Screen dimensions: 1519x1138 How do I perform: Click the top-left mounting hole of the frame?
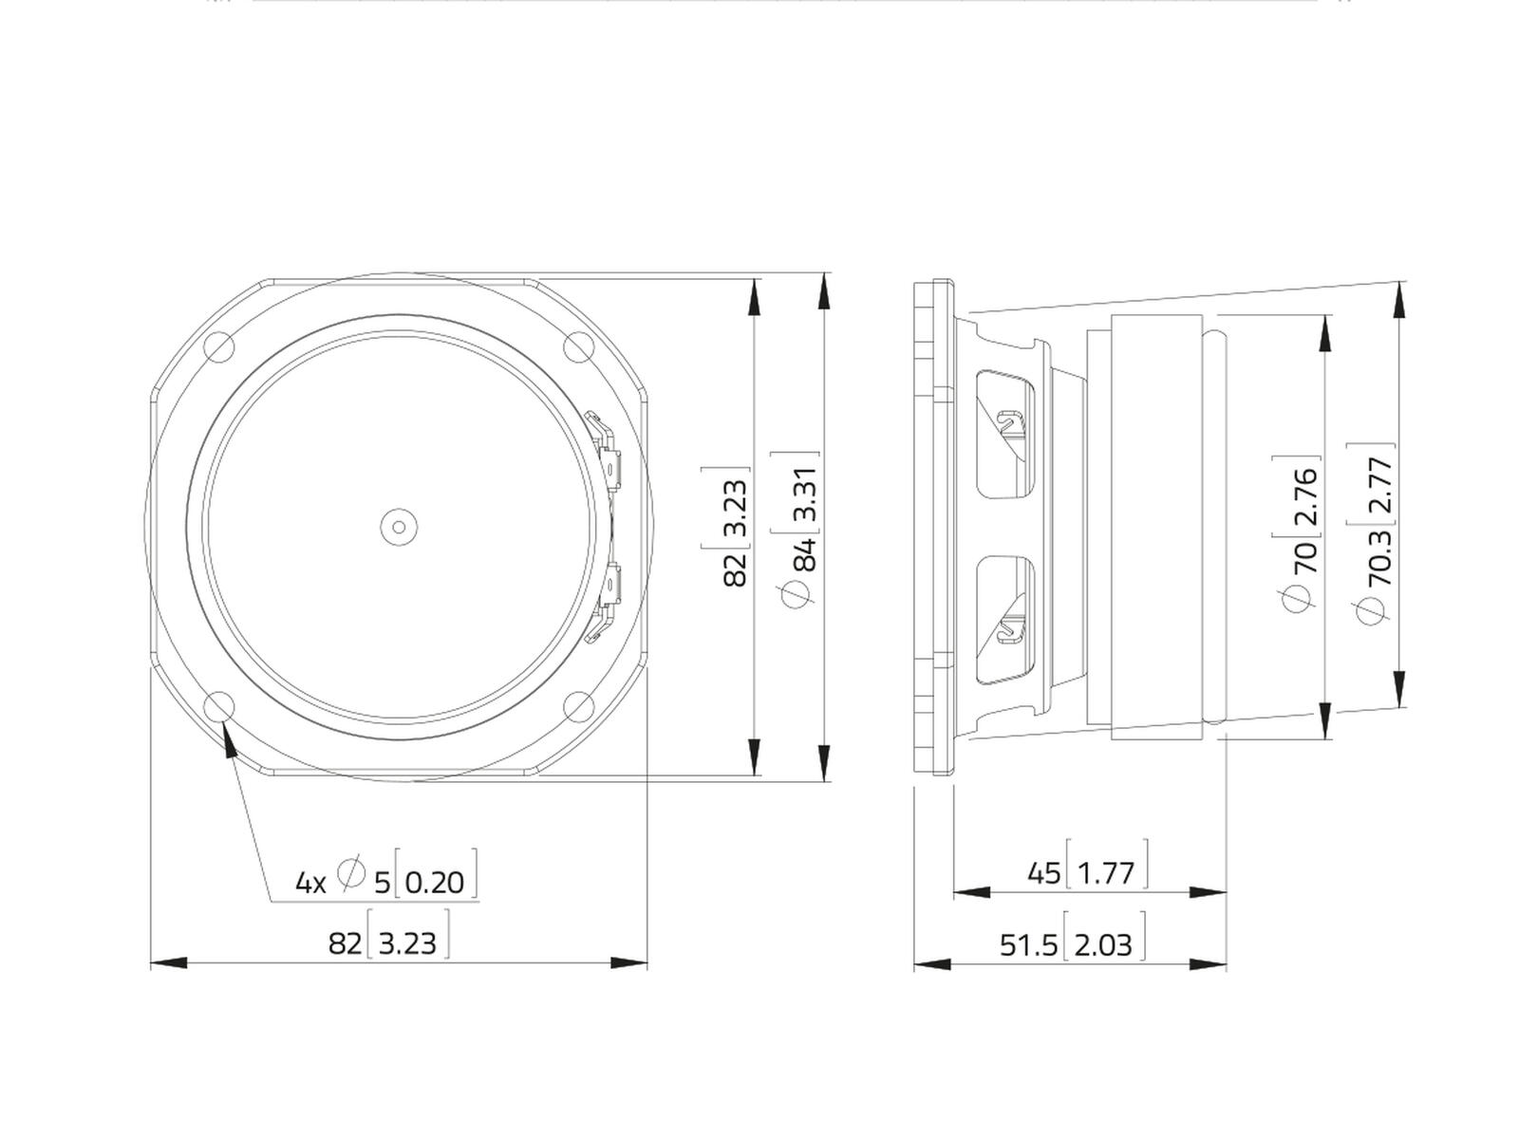pyautogui.click(x=219, y=346)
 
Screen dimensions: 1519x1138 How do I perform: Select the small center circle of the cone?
pyautogui.click(x=399, y=527)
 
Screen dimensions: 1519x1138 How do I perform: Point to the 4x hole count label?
pyautogui.click(x=310, y=884)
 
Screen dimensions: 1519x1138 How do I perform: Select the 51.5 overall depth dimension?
pyautogui.click(x=1028, y=945)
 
